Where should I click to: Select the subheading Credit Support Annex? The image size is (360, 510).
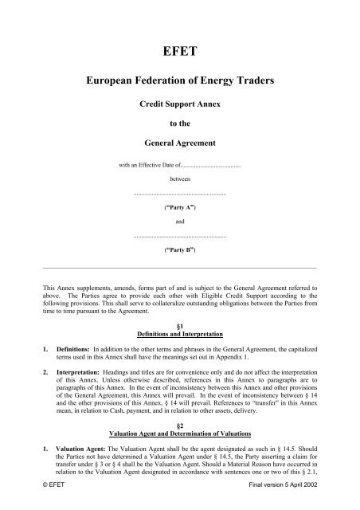pyautogui.click(x=180, y=104)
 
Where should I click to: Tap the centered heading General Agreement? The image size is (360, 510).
pyautogui.click(x=180, y=143)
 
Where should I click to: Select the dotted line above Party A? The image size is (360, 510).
pyautogui.click(x=180, y=194)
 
